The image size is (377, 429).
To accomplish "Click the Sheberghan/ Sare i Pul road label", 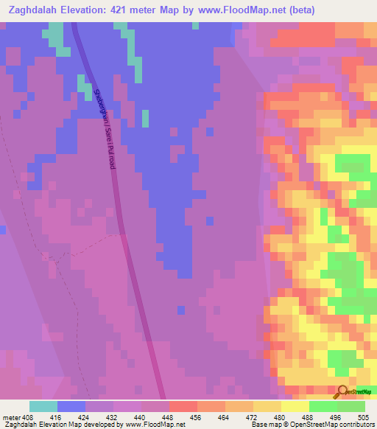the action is pos(105,129).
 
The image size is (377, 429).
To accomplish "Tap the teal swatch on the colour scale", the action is pos(43,406).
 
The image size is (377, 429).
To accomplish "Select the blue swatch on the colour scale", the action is pos(71,406).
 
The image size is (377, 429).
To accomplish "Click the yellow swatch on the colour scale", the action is pos(295,406).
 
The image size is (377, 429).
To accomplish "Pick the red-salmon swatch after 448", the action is pos(183,406).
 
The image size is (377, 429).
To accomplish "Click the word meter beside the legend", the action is pos(11,416).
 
